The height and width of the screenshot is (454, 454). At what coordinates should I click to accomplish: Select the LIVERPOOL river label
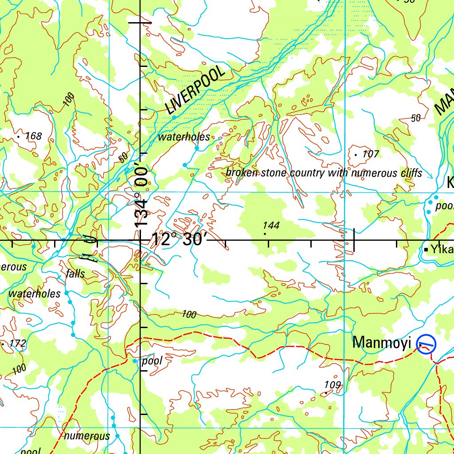(195, 91)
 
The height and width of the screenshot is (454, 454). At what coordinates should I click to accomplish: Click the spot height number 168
(33, 136)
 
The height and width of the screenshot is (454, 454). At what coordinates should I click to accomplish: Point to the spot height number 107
(371, 154)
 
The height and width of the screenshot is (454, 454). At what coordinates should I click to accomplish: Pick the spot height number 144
(271, 225)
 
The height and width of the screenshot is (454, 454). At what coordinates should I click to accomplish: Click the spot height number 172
(18, 343)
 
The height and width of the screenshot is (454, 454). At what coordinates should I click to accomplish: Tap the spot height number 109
(333, 385)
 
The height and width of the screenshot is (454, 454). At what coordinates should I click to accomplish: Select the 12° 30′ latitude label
(179, 240)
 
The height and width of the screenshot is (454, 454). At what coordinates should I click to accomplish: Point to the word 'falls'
(75, 274)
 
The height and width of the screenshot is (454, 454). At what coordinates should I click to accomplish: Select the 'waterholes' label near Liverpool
(184, 137)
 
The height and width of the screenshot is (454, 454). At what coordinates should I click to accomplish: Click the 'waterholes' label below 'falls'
(35, 294)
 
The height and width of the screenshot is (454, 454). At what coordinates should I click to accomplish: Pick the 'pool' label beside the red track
(152, 361)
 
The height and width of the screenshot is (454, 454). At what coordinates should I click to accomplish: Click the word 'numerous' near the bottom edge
(87, 436)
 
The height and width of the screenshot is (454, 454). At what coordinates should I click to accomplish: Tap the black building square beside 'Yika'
(426, 250)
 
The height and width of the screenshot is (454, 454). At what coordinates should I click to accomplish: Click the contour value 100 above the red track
(189, 314)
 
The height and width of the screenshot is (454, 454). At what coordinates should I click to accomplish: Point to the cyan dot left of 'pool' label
(135, 361)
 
